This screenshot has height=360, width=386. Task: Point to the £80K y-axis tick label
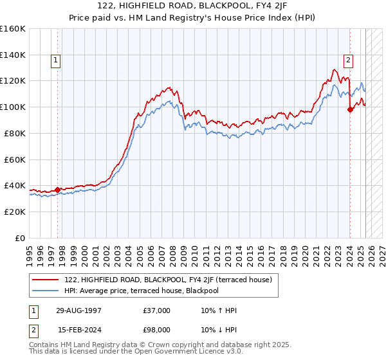pos(15,133)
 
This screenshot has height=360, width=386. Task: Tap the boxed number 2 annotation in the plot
pos(348,61)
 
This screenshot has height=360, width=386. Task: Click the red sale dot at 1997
pos(58,190)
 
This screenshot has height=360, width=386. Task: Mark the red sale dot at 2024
pos(350,110)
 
